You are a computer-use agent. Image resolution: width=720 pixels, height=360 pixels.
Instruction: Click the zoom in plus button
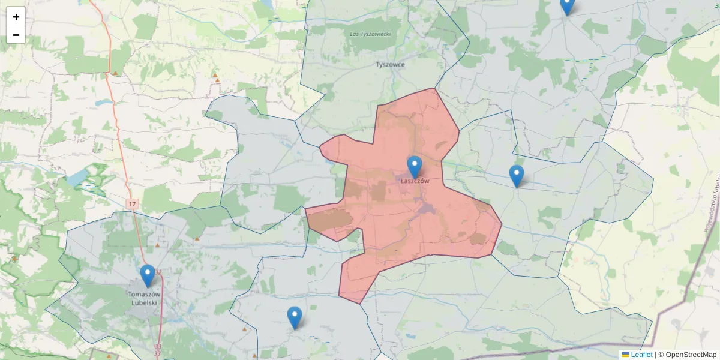click(16, 17)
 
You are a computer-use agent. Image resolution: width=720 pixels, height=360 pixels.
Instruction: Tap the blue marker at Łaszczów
click(415, 167)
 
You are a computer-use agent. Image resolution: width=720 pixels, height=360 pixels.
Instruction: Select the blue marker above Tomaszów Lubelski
click(147, 276)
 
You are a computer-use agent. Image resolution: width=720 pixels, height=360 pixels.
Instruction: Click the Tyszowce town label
click(390, 64)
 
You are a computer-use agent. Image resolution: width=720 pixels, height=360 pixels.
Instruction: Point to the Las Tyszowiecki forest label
click(370, 34)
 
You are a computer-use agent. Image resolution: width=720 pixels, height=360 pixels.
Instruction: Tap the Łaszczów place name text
click(415, 181)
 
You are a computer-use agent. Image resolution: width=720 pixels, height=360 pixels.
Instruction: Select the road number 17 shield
click(133, 205)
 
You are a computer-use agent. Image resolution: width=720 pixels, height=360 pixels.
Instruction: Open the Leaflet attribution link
click(641, 355)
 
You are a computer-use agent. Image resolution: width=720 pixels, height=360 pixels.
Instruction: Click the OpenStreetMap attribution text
click(687, 355)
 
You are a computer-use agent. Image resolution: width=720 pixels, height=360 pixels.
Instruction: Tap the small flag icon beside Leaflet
click(625, 355)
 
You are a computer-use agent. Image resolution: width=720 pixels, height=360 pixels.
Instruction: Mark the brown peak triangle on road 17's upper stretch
click(115, 73)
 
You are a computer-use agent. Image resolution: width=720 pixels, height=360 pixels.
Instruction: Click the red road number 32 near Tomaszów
click(158, 273)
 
